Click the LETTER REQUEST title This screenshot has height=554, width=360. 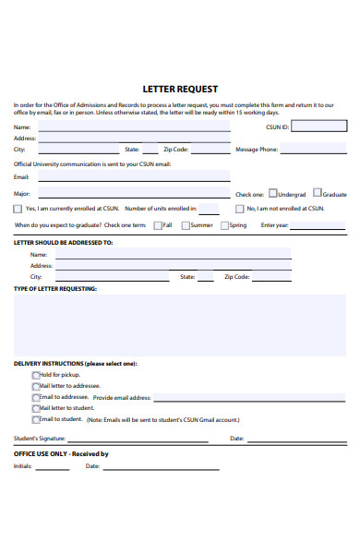click(180, 90)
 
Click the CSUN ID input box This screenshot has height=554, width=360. click(318, 126)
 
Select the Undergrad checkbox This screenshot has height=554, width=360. click(272, 194)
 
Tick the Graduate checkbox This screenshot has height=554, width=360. click(317, 194)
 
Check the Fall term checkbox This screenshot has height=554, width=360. click(158, 224)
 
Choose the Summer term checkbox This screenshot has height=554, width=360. click(186, 224)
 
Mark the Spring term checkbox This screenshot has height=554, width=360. click(224, 224)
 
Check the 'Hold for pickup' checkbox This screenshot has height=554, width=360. click(36, 375)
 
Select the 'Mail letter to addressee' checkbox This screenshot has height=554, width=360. click(36, 386)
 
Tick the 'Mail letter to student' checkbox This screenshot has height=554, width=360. click(36, 408)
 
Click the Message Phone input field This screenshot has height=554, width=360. click(313, 149)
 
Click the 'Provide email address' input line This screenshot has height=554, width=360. click(249, 397)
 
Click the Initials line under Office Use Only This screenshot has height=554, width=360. click(53, 466)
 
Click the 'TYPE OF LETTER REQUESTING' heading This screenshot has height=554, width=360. click(54, 288)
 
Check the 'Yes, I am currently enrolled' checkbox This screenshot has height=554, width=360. click(18, 209)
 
